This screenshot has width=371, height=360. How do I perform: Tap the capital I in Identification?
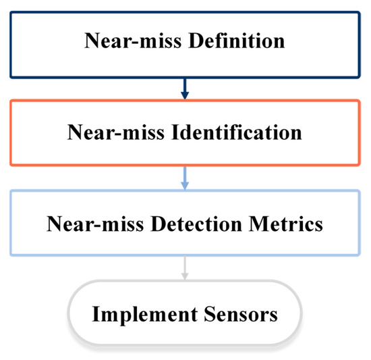pyautogui.click(x=171, y=132)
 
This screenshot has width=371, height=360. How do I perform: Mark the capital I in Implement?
pyautogui.click(x=96, y=314)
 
